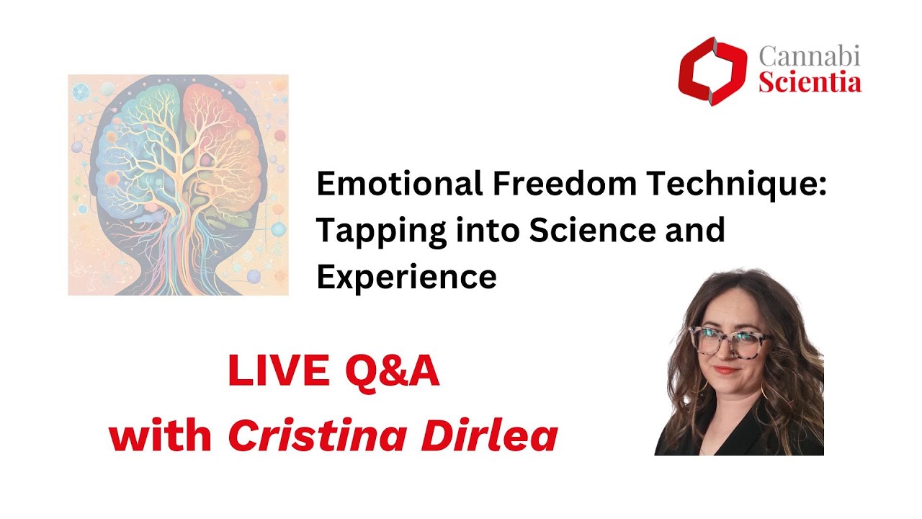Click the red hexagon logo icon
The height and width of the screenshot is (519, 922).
(x=712, y=71)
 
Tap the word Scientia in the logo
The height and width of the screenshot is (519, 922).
(x=810, y=83)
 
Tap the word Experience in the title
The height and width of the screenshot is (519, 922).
(x=406, y=277)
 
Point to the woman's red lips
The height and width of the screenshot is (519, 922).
(x=725, y=370)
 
